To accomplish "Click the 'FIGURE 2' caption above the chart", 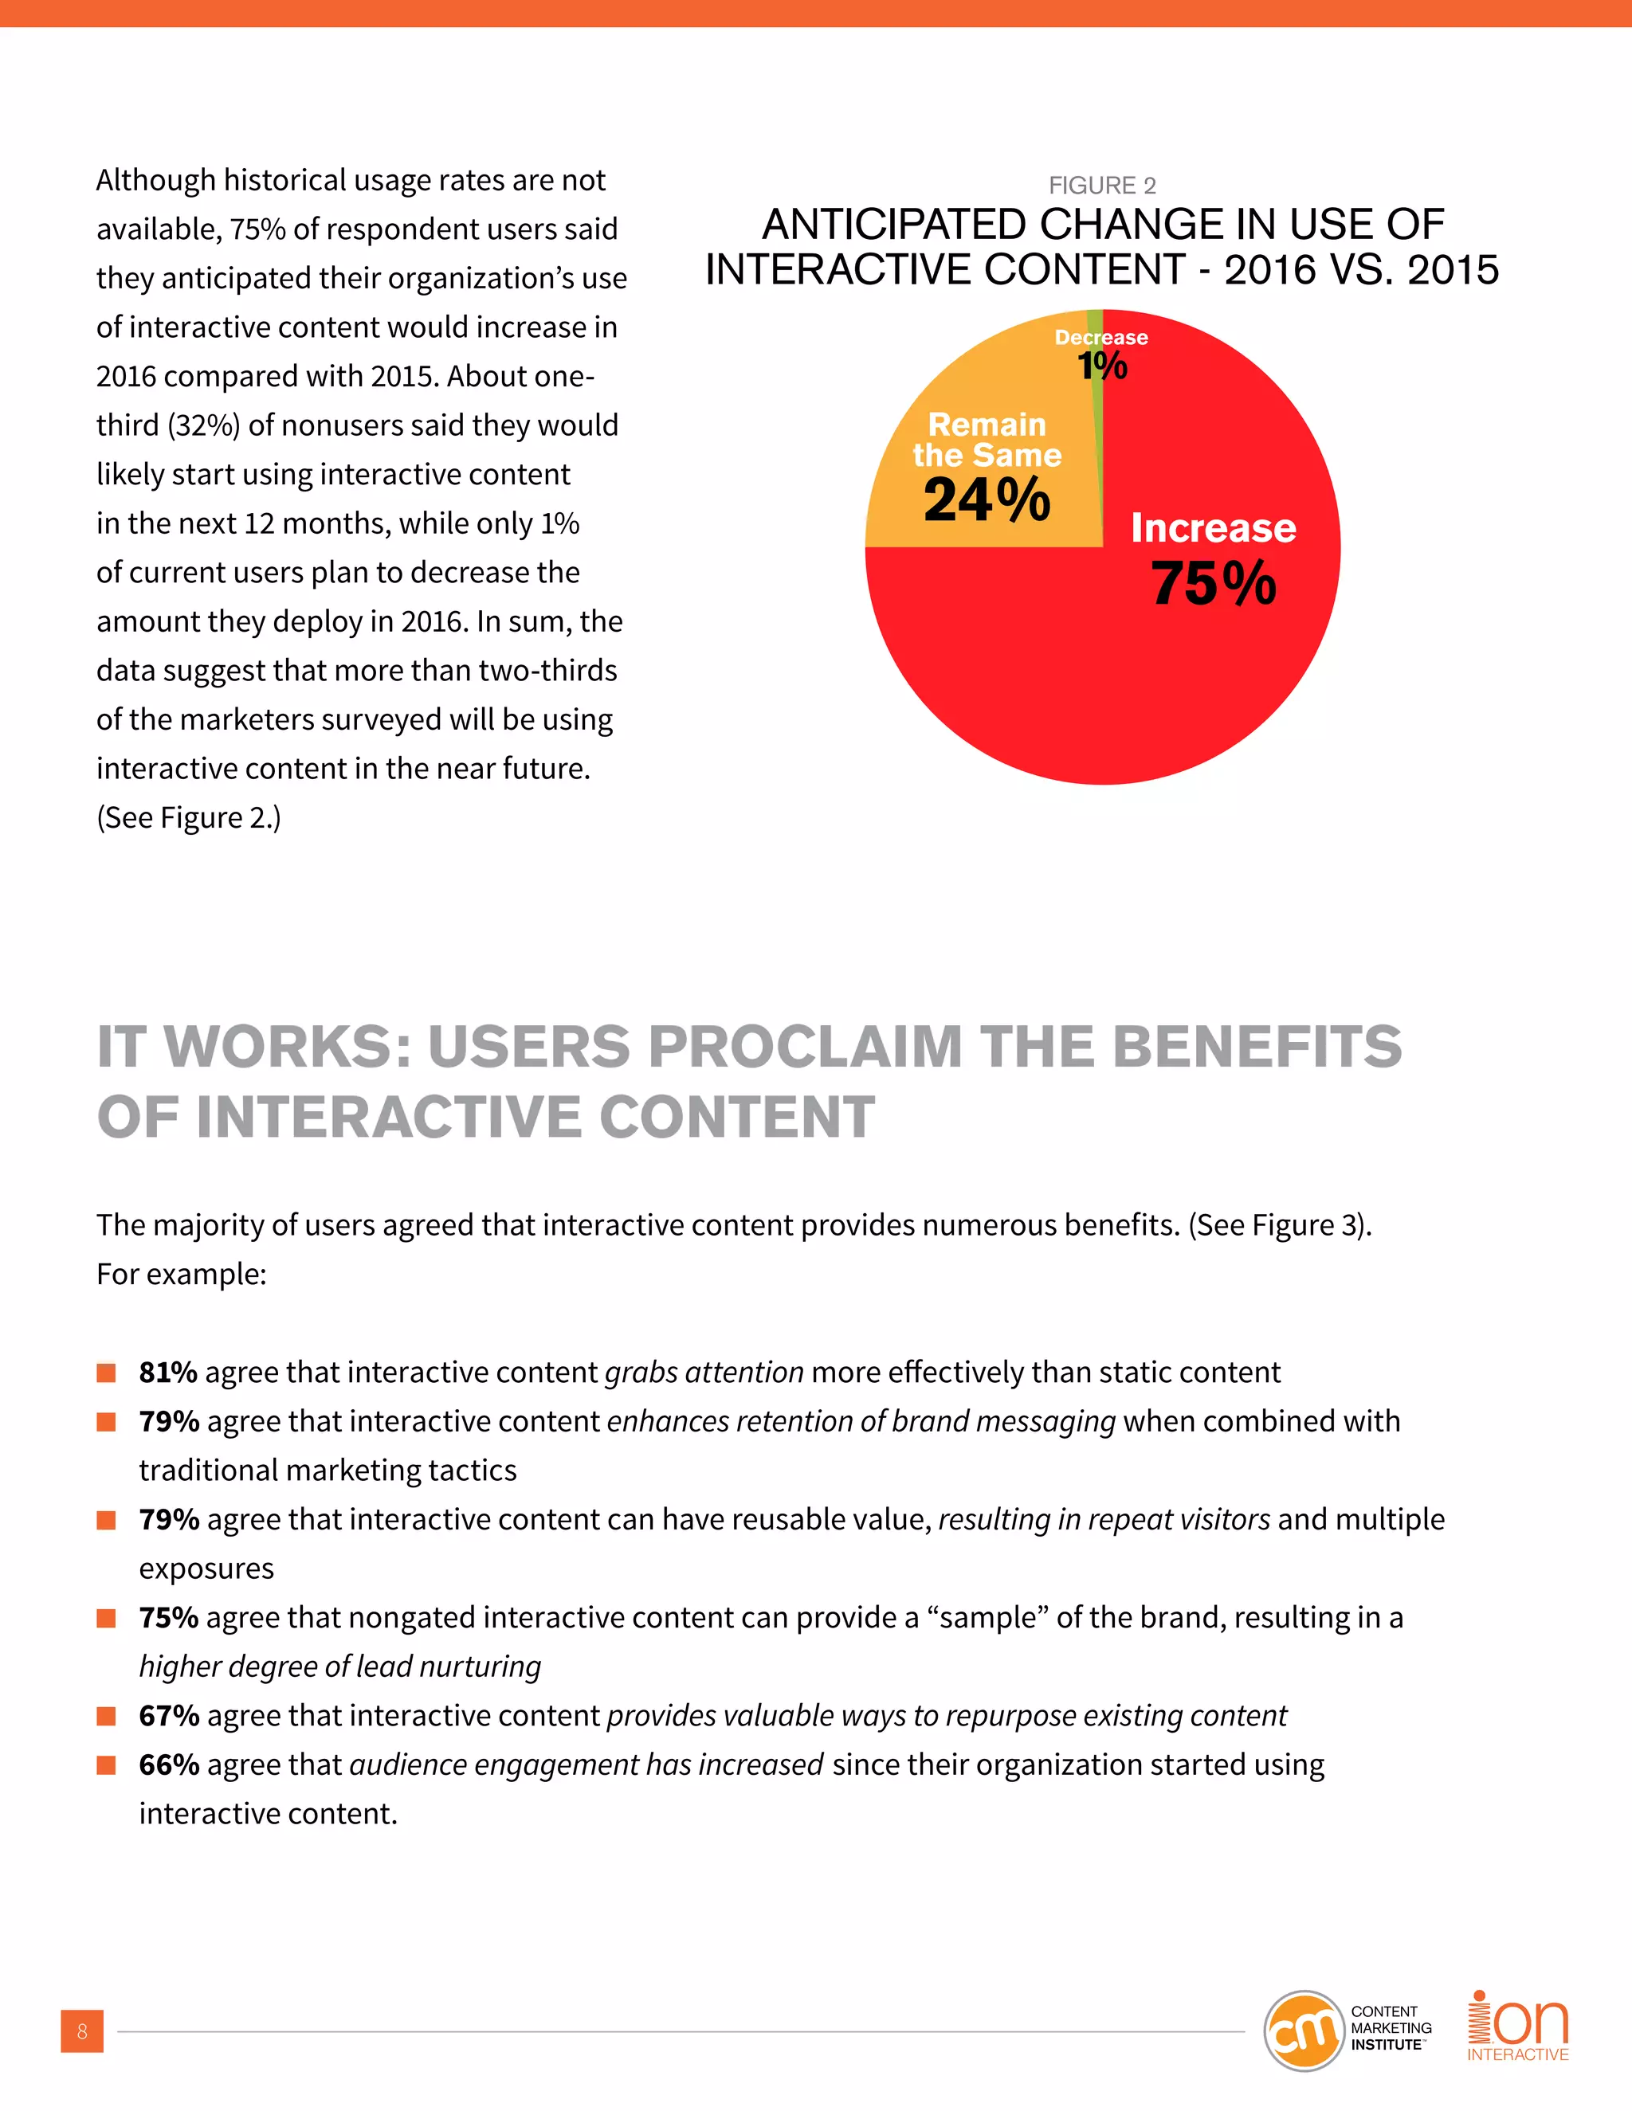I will [1102, 185].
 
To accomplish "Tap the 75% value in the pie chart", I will [1214, 584].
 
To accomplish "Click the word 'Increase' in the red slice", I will [1214, 527].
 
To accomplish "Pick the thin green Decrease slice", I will [1096, 425].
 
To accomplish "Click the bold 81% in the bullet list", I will [168, 1372].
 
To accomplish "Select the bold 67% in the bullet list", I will [169, 1715].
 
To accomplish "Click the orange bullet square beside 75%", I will [106, 1618].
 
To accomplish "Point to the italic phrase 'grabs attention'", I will [704, 1372].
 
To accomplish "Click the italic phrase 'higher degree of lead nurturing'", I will [339, 1666].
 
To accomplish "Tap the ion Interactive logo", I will [1517, 2027].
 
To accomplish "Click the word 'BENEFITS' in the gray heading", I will [1257, 1046].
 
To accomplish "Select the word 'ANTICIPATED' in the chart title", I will [894, 225].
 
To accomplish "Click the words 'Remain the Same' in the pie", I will [987, 440].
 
